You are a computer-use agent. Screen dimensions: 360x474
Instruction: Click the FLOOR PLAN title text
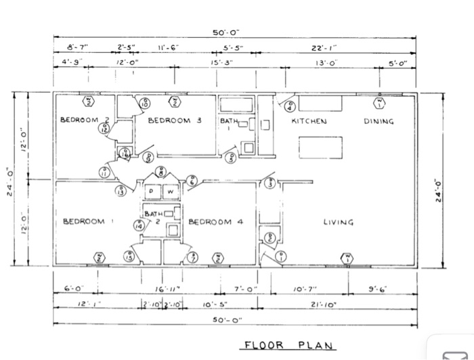click(x=288, y=345)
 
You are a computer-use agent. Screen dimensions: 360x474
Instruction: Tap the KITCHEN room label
click(x=309, y=122)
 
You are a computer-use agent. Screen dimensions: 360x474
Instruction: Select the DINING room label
click(x=379, y=122)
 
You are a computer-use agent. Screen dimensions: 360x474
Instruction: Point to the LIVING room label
click(x=339, y=222)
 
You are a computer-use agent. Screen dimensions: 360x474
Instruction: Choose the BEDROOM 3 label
click(x=175, y=120)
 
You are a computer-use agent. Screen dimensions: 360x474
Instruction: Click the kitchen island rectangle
click(x=320, y=147)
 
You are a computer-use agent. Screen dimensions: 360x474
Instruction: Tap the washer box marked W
click(x=171, y=192)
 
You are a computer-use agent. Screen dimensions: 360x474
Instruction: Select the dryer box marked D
click(x=152, y=192)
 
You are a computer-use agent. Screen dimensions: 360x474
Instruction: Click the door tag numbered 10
click(x=144, y=103)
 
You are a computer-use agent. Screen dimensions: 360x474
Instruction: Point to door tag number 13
click(x=121, y=192)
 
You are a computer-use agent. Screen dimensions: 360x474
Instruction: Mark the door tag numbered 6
click(x=192, y=181)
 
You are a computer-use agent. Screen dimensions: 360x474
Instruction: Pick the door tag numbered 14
click(x=139, y=226)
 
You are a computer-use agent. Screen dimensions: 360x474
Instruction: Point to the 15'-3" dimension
click(x=222, y=63)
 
